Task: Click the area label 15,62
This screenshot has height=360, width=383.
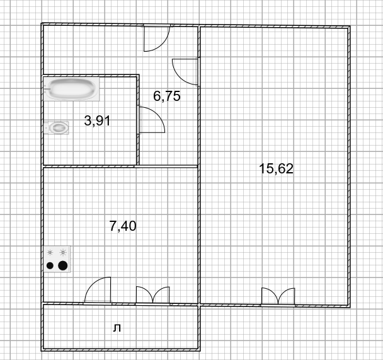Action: tap(276, 169)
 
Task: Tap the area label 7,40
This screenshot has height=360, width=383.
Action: tap(123, 226)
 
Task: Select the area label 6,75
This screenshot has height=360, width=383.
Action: tap(167, 96)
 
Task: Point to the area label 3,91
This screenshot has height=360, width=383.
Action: tap(97, 120)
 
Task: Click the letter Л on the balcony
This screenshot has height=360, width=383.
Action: tap(117, 328)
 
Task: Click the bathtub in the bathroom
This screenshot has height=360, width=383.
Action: tap(72, 89)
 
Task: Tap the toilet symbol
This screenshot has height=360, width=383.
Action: tap(57, 127)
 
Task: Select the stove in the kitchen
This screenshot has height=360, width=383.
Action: tap(57, 259)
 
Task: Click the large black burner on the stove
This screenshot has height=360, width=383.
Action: tap(63, 265)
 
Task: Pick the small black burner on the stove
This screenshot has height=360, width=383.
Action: tap(50, 265)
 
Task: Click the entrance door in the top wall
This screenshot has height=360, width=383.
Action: tap(157, 38)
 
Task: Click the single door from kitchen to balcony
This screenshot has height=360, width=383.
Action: tap(98, 291)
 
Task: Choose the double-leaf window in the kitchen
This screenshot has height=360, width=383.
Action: tap(152, 296)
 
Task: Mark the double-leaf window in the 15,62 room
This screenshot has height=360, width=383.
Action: tap(278, 297)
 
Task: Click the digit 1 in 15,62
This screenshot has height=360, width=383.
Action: tap(262, 169)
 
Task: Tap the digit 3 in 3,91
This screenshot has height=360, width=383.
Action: tap(87, 120)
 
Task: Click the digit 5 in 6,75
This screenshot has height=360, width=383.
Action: tap(177, 96)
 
